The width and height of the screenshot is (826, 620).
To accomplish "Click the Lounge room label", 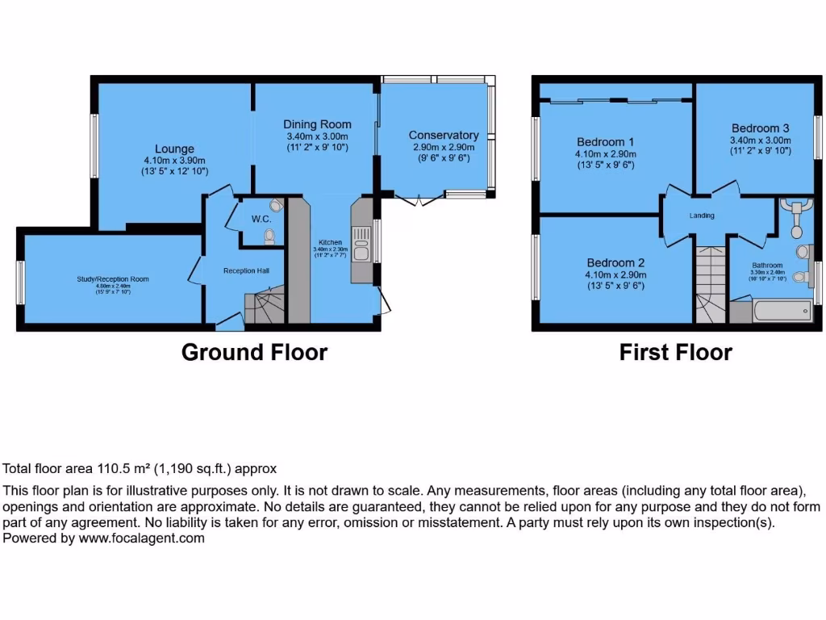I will [174, 149].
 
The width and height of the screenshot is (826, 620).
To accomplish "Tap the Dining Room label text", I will [317, 124].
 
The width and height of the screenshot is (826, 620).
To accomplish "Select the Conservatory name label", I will [443, 135].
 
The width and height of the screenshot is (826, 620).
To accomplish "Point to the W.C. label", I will [261, 219].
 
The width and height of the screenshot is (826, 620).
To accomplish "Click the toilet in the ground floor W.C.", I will [269, 235].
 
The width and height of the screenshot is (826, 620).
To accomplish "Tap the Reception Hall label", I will [246, 270].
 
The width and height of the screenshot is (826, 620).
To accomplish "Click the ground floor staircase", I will [263, 308].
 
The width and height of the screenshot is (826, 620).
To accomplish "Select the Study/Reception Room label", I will [113, 279].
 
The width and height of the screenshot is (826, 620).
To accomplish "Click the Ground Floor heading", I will [254, 353].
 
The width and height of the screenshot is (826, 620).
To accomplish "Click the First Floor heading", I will [675, 353].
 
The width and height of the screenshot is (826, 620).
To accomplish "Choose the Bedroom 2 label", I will [615, 262].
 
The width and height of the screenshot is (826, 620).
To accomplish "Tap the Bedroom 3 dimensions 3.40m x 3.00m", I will [761, 140].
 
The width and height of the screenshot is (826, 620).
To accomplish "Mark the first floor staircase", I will [710, 287].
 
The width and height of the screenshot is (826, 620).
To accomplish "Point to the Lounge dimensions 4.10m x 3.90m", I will [174, 160].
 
